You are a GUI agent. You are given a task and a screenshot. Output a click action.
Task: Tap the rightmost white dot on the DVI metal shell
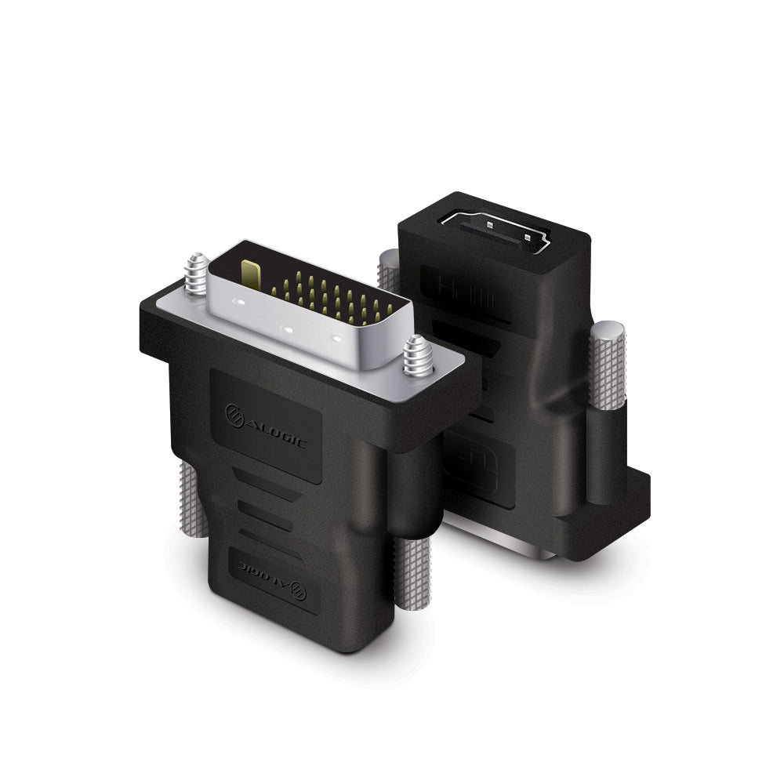338,339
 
